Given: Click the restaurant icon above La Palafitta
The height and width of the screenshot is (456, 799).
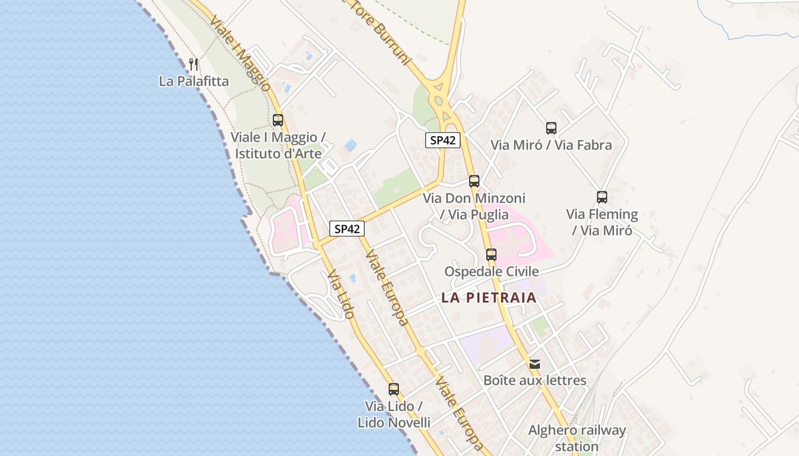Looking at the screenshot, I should [193, 64].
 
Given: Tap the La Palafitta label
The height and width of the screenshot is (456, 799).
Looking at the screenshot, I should [194, 82].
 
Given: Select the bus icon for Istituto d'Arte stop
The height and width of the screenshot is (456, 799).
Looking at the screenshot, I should [278, 120].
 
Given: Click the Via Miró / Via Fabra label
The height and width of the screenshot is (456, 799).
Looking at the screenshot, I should [551, 145].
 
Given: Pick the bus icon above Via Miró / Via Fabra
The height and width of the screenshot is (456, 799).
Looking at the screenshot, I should [551, 128].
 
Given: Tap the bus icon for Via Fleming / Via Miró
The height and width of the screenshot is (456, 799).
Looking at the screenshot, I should [602, 197].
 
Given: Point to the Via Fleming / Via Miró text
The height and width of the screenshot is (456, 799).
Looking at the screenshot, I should [602, 222].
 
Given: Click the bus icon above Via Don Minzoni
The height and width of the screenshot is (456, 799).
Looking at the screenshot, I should [474, 181].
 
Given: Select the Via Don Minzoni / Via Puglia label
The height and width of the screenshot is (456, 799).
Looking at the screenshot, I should [474, 206].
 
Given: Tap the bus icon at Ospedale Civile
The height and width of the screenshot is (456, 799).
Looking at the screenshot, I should [491, 255].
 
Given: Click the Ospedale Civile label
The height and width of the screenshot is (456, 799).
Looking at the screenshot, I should [491, 271].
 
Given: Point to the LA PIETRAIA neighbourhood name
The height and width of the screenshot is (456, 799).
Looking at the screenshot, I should [489, 298].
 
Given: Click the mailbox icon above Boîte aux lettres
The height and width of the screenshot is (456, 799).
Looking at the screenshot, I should [535, 364].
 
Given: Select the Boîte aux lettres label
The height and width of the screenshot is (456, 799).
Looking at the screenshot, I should [535, 380].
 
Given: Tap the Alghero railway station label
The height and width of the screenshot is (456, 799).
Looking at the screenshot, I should [577, 438].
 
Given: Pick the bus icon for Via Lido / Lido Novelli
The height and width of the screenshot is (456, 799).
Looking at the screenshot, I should [394, 389].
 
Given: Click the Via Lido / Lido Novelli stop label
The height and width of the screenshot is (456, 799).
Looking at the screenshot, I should [394, 414].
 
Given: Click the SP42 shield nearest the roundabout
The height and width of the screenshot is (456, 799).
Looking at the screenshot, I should [442, 140].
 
